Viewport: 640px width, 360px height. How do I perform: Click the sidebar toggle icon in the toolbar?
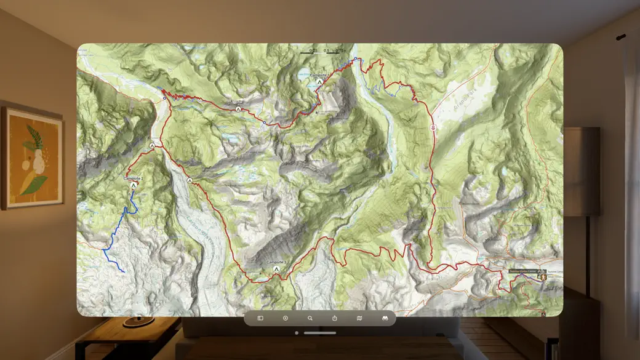260,318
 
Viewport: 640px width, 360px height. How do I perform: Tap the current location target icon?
286,318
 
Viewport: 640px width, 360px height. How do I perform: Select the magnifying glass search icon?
310,318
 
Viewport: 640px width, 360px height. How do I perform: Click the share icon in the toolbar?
335,318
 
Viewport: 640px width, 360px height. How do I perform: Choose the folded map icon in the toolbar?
359,318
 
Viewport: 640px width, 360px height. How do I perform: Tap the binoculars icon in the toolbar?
385,318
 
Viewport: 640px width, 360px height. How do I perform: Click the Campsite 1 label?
319,75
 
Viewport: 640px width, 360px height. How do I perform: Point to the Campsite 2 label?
133,178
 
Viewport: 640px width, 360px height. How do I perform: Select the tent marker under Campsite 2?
133,185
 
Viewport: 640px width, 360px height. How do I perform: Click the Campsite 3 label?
276,262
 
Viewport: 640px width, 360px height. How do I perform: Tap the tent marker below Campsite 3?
276,269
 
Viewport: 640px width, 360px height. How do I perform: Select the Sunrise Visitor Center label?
522,271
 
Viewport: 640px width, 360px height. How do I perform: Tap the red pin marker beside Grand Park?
433,127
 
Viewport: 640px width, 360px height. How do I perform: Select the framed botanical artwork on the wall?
32,158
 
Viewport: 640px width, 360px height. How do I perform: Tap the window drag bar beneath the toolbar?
320,333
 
